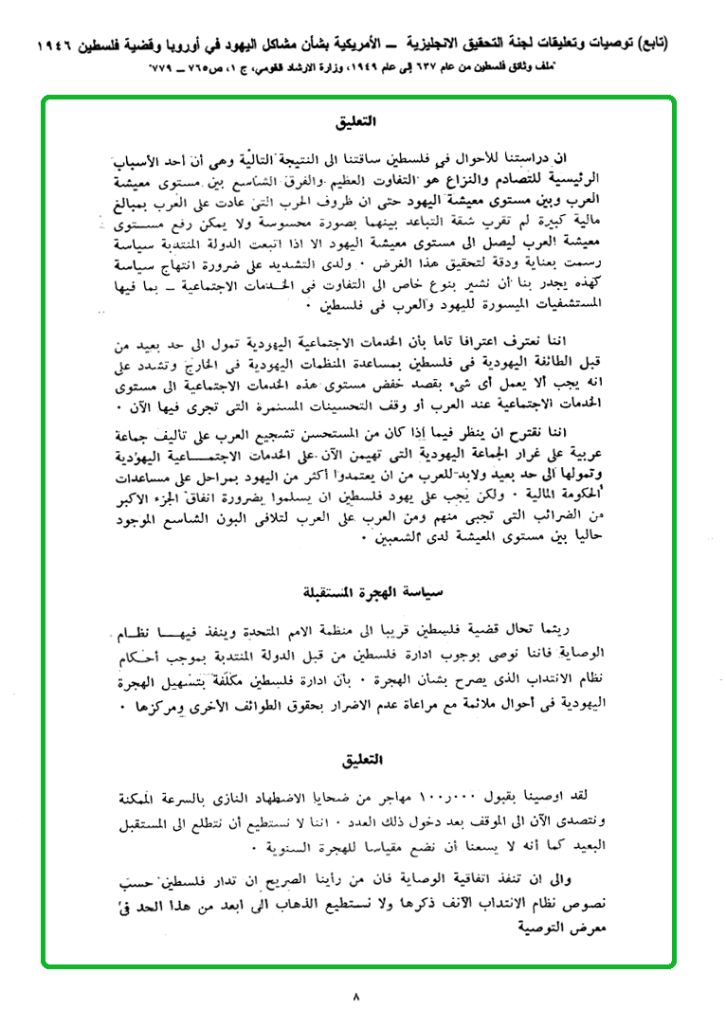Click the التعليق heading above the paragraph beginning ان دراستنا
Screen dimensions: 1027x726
pyautogui.click(x=357, y=123)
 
